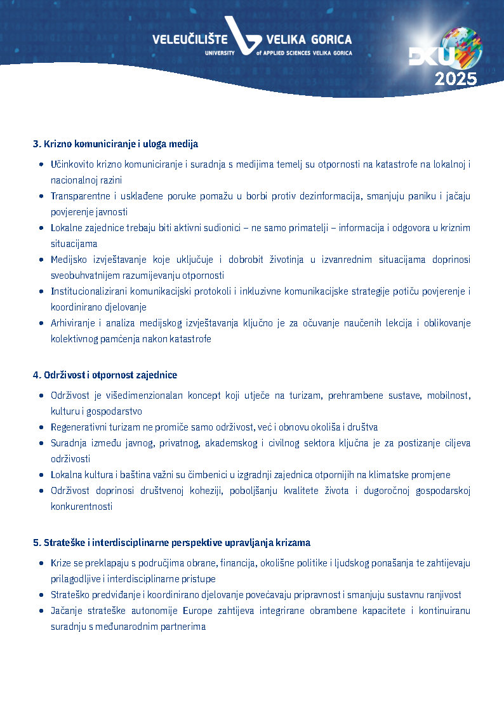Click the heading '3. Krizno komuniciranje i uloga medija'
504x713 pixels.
coord(116,144)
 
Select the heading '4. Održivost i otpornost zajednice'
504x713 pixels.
coord(105,375)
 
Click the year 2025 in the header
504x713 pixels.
coord(456,79)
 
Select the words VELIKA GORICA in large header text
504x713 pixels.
coord(309,40)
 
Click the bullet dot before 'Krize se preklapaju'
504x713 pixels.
coord(41,563)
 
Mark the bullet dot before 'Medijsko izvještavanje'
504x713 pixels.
coord(41,260)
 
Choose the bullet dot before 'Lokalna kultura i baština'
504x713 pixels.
coord(41,475)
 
